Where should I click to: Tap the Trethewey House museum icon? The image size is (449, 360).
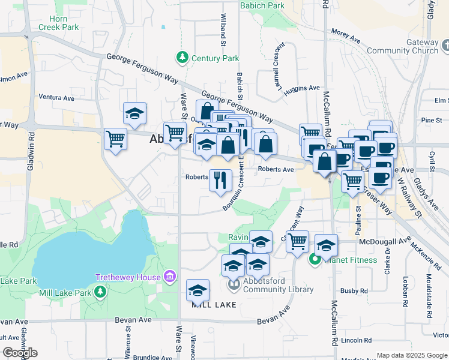pos(170,277)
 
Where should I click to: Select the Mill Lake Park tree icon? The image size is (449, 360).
pos(100,292)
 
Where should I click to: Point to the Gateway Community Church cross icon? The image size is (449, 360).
pos(444,46)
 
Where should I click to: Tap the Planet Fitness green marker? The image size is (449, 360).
pos(315,260)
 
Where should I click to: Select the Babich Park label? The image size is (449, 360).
pos(262,5)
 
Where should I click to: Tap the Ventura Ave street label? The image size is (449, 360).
pos(56,97)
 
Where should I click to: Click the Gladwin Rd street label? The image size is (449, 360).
pos(30,156)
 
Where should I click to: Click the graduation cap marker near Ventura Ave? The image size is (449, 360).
pos(135,113)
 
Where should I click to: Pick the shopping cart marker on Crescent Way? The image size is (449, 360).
pos(297,241)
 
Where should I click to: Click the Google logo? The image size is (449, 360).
pos(20,353)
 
